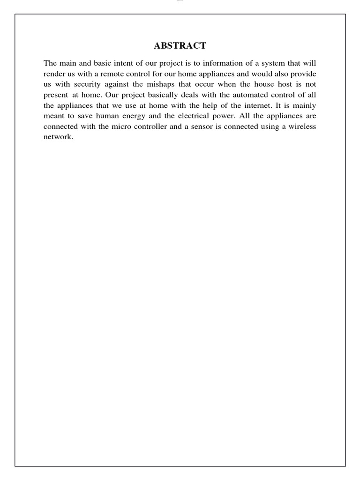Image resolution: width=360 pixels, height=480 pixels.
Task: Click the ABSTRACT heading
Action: click(x=180, y=45)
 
